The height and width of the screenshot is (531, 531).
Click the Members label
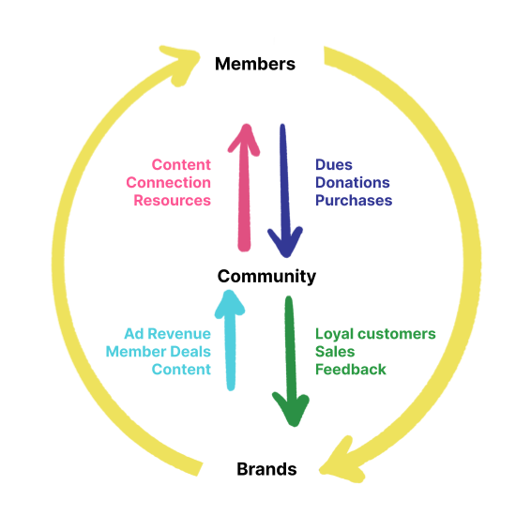[x=255, y=64]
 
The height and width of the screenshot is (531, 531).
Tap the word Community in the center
[x=266, y=277]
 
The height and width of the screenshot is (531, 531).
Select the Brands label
[x=266, y=469]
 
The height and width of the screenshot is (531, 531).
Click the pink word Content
[x=181, y=165]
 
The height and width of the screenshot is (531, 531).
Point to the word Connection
[x=168, y=183]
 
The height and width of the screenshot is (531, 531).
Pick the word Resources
[x=172, y=201]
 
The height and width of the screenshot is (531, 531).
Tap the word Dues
[x=334, y=165]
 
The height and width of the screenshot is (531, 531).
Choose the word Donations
[x=353, y=183]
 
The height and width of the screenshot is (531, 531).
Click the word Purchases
[x=354, y=201]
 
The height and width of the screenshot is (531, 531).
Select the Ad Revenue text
[x=168, y=334]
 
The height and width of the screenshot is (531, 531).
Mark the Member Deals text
[x=159, y=352]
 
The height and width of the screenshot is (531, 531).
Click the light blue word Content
[x=181, y=370]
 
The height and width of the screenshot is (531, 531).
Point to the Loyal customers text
[x=375, y=334]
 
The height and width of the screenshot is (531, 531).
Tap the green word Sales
[x=335, y=352]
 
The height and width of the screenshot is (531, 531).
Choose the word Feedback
[x=351, y=370]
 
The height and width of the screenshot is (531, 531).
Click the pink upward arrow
[x=244, y=188]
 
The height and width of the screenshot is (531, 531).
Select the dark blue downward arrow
[x=285, y=190]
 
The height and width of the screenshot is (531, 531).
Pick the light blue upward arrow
[x=230, y=341]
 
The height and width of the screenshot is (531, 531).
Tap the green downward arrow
[x=291, y=361]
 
